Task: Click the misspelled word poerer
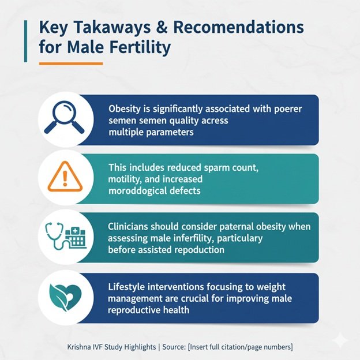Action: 286,108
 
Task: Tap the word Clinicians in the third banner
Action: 130,227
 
